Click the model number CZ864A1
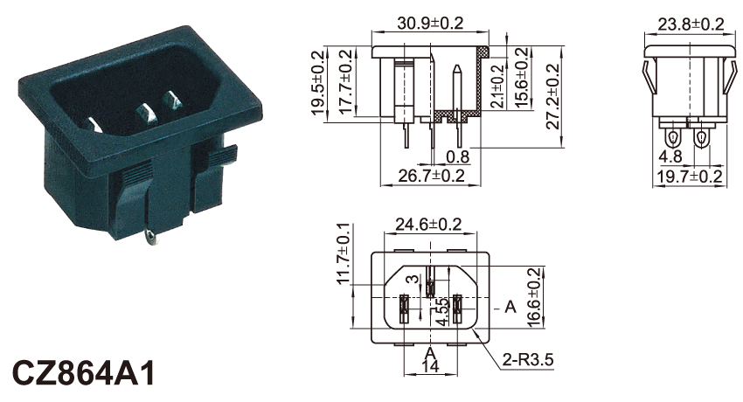(x=83, y=372)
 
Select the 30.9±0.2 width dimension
(x=430, y=23)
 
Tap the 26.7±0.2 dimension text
(x=431, y=176)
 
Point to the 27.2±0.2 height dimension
(x=553, y=97)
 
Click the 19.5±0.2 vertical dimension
(x=318, y=83)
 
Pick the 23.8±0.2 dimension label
(x=691, y=24)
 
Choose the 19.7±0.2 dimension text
(x=690, y=177)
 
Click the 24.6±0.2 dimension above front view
(x=428, y=224)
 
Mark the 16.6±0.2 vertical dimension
(x=533, y=298)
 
